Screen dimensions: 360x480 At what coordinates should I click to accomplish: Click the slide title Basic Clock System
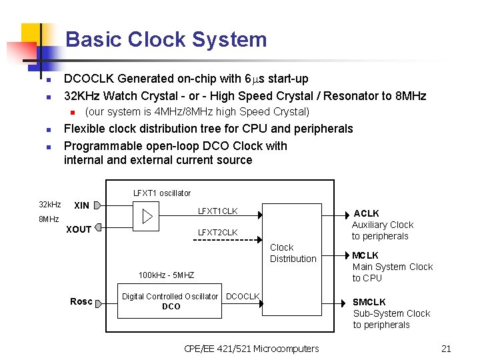click(166, 39)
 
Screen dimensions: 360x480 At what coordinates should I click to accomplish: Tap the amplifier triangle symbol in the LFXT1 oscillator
click(147, 217)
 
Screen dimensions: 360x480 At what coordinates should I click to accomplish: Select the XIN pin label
click(81, 205)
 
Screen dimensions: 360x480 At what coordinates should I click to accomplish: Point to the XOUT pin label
click(79, 229)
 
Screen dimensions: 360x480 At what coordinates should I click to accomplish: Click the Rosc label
click(81, 301)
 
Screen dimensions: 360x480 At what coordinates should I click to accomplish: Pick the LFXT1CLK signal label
click(217, 211)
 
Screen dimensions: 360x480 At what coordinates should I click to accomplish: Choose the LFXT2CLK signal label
click(217, 232)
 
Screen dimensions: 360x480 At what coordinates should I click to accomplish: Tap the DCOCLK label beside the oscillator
click(243, 296)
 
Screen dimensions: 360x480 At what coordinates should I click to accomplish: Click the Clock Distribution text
click(293, 253)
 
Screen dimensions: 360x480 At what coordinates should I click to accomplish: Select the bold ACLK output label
click(366, 213)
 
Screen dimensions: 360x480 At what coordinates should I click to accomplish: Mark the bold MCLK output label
click(365, 255)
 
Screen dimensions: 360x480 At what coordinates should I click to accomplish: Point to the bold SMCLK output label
click(369, 302)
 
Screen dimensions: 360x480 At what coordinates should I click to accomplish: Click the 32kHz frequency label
click(49, 204)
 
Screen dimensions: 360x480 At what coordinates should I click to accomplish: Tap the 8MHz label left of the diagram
click(49, 219)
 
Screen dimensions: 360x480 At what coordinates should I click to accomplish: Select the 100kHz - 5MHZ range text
click(166, 275)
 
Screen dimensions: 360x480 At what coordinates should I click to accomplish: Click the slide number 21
click(446, 348)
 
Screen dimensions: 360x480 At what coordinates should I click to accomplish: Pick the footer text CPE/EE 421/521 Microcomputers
click(251, 348)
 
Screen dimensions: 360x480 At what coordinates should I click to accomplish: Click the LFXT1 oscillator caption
click(161, 193)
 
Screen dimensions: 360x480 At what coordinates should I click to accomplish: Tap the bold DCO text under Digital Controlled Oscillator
click(171, 307)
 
